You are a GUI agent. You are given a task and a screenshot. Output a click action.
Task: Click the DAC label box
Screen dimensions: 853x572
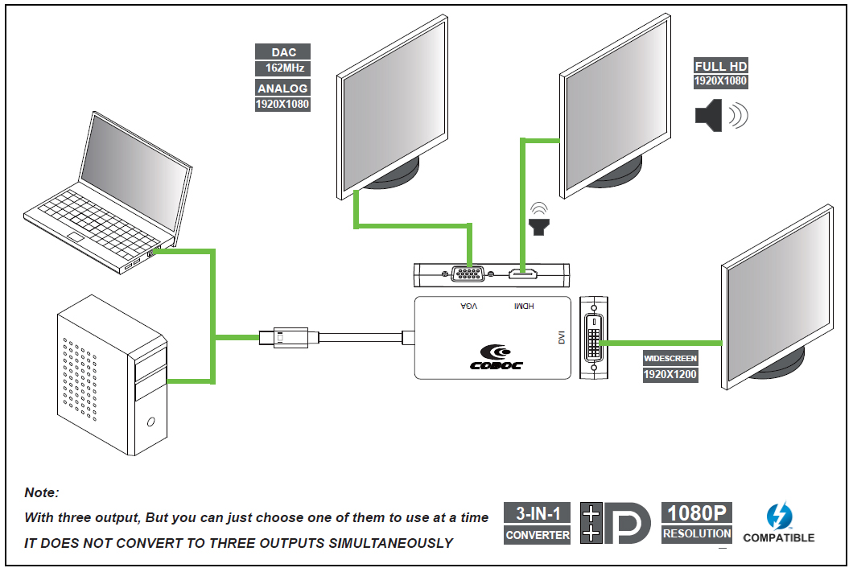point(283,51)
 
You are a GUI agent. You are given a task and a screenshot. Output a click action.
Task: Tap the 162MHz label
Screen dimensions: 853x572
point(283,68)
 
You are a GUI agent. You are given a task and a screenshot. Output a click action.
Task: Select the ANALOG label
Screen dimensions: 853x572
point(283,88)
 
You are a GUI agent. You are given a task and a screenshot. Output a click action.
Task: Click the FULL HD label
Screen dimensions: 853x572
point(721,66)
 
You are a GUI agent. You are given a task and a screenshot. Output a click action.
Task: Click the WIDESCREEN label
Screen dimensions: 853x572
point(670,358)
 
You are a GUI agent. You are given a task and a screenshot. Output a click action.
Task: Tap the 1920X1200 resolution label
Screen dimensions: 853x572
point(670,375)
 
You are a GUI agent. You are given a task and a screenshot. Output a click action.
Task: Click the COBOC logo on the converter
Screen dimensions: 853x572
point(497,357)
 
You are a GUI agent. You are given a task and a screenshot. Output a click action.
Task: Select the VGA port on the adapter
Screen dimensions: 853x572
point(468,274)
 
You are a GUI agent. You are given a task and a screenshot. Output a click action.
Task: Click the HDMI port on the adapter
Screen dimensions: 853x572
point(523,274)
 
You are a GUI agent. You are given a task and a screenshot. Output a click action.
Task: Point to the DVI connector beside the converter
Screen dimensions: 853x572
point(594,338)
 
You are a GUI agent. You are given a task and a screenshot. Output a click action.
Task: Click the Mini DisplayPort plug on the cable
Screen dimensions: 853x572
point(283,338)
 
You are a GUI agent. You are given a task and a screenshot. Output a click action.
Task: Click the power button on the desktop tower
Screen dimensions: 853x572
point(150,422)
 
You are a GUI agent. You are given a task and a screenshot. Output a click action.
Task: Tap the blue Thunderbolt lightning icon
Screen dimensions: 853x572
point(779,516)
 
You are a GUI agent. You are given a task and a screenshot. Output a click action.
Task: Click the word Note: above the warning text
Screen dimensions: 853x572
point(42,492)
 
